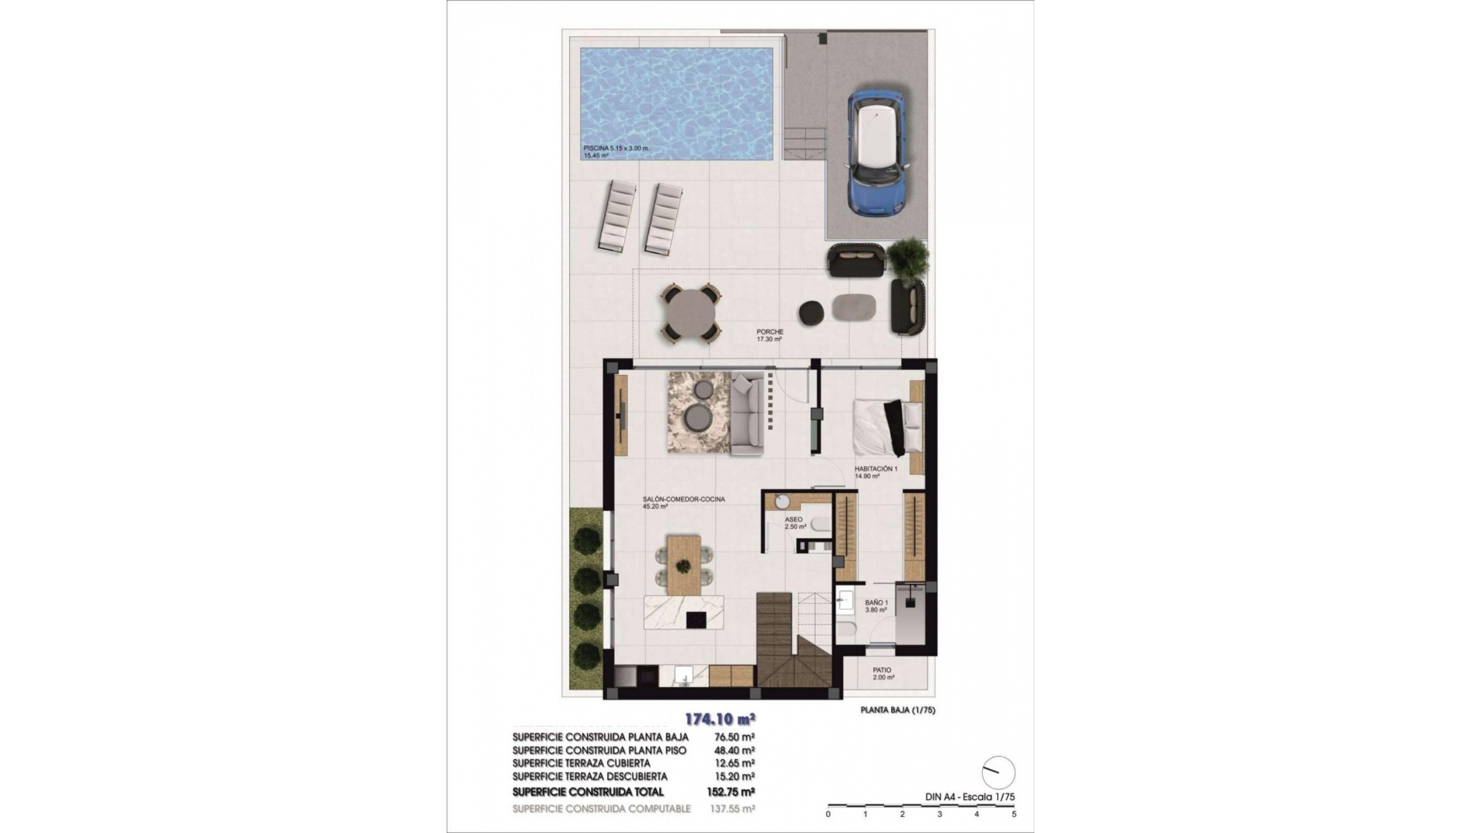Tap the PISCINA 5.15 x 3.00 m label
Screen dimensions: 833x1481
[616, 147]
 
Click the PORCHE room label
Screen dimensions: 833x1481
[769, 332]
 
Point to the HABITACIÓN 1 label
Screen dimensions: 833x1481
[875, 469]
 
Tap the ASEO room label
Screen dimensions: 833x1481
[794, 520]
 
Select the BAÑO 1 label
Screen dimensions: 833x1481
[876, 602]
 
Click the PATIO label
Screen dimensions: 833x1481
[882, 670]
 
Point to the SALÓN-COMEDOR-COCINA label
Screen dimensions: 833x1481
[683, 500]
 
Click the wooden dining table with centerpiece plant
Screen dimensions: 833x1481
[144, 565]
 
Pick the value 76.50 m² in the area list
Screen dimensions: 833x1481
[730, 737]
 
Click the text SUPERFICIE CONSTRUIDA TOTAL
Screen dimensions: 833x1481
[588, 792]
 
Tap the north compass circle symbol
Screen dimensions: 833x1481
[998, 772]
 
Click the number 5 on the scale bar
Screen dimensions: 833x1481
[1014, 814]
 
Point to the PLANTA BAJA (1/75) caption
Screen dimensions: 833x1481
[897, 710]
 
